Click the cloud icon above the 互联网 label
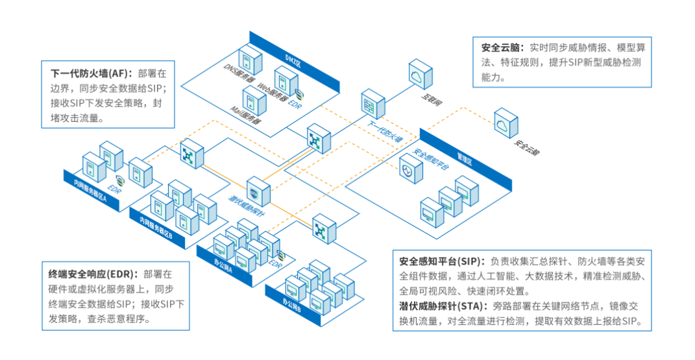(418, 77)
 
